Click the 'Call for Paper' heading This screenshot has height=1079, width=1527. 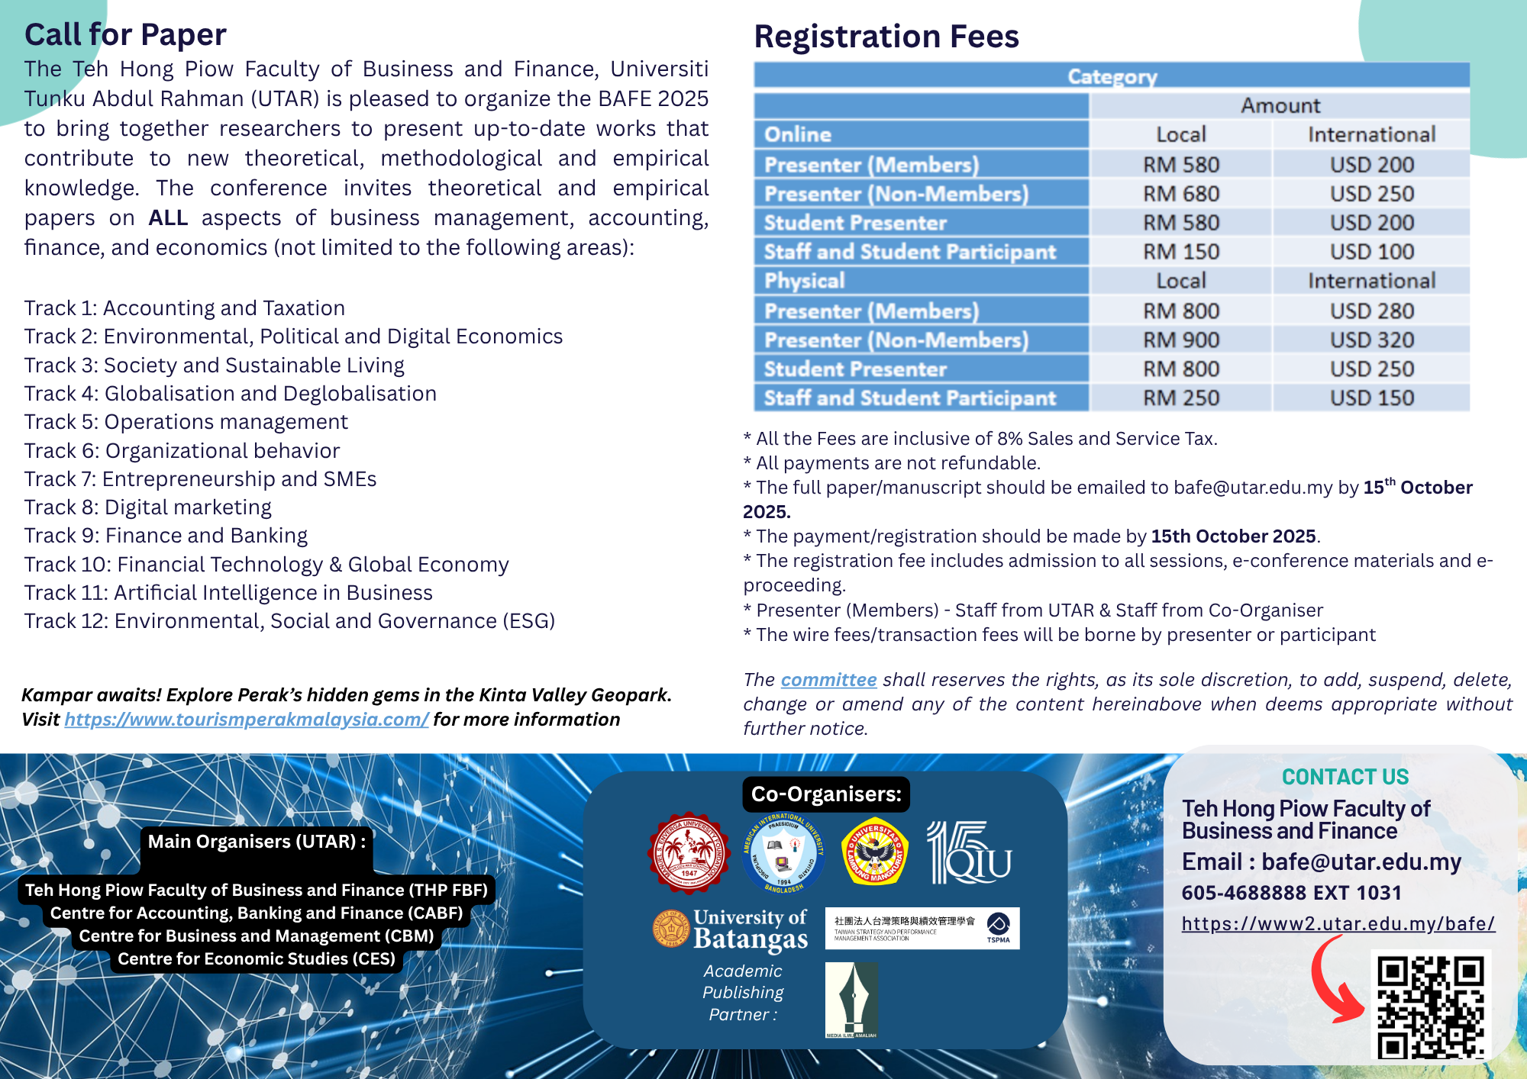[x=125, y=35]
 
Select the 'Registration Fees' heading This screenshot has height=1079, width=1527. [x=886, y=37]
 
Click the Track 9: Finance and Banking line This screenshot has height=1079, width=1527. [x=166, y=536]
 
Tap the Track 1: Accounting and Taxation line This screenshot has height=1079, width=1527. [x=184, y=308]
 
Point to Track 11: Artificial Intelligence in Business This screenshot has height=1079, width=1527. [x=228, y=593]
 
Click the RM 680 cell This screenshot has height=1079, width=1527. [x=1180, y=194]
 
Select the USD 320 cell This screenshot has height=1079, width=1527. [x=1371, y=340]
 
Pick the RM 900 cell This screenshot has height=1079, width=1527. [x=1180, y=340]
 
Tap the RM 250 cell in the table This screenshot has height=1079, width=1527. [x=1180, y=398]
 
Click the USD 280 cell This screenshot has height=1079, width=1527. [x=1371, y=311]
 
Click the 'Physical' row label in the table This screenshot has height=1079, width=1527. [x=804, y=281]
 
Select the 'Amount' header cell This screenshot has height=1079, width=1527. [x=1280, y=105]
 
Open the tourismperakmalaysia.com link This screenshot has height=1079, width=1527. [x=246, y=720]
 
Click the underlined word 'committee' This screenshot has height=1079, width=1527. [x=828, y=680]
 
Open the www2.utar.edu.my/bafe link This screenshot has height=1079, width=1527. [x=1338, y=924]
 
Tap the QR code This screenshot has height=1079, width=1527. [x=1431, y=1007]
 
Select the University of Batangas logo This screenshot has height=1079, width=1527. [x=731, y=929]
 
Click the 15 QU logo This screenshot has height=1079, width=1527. [x=969, y=852]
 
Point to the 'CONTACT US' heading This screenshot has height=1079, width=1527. [x=1345, y=777]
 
